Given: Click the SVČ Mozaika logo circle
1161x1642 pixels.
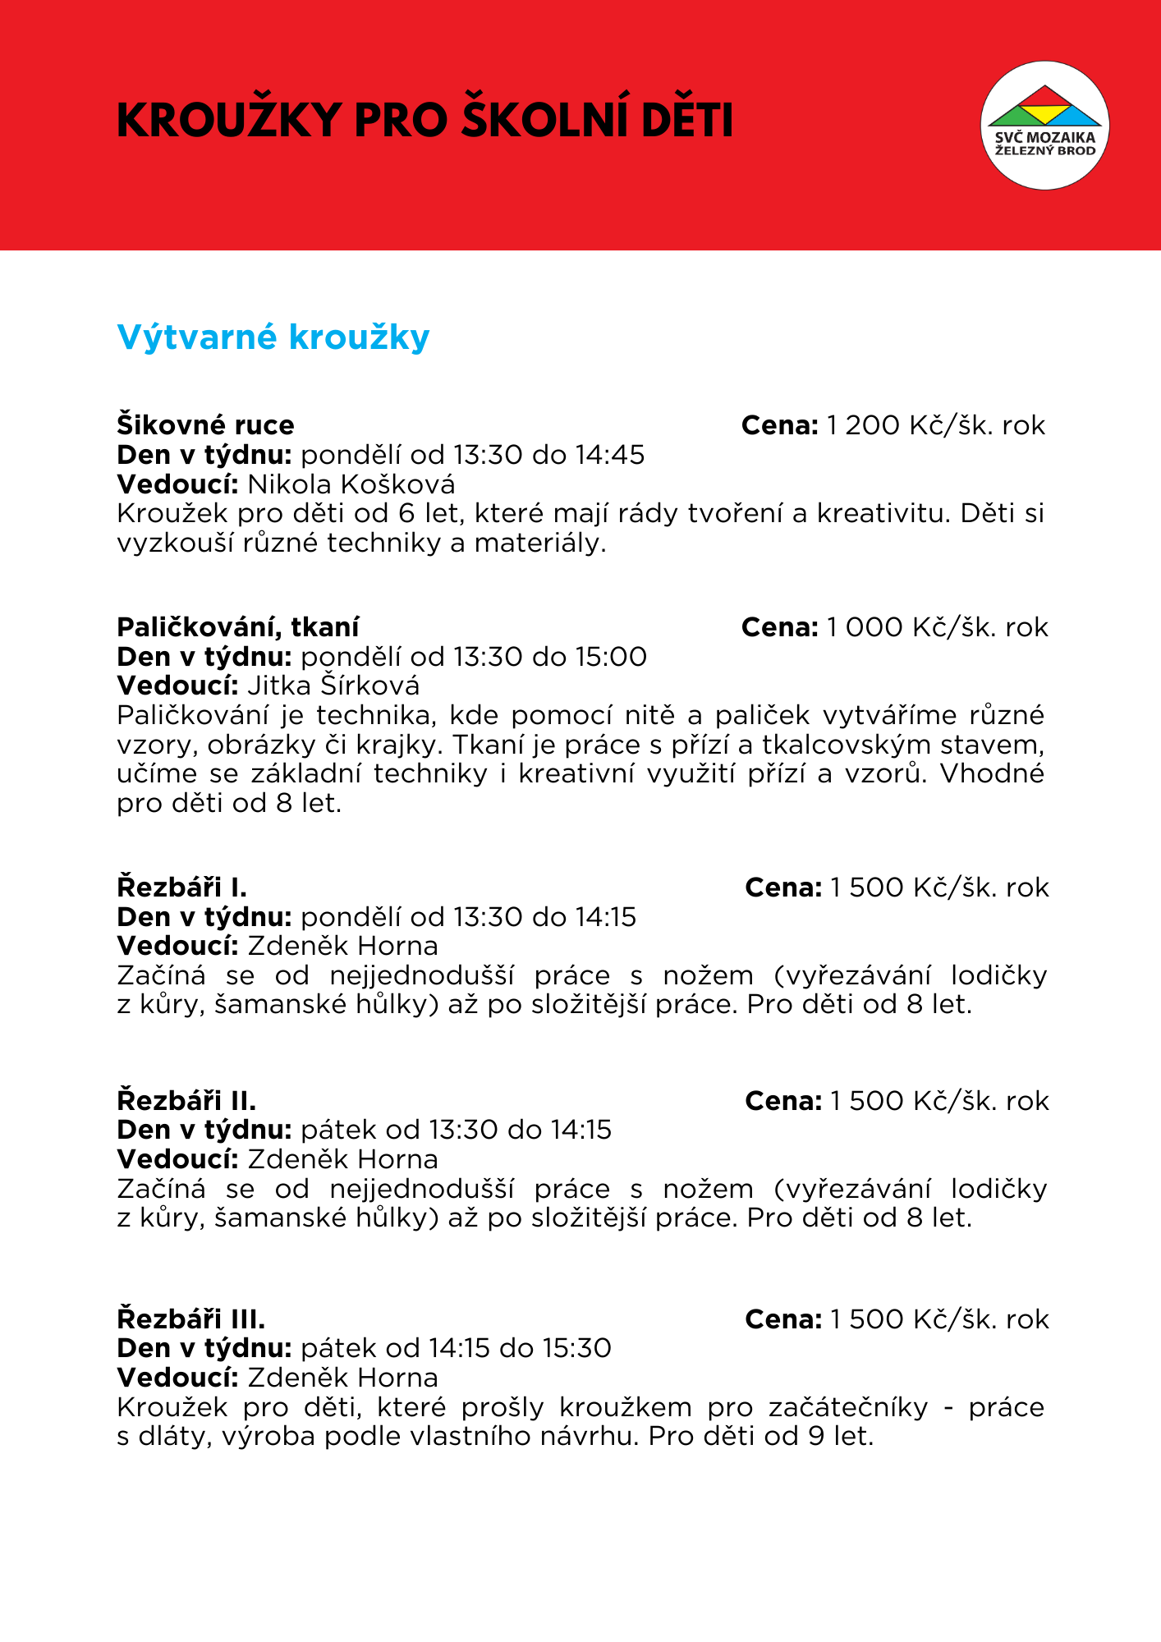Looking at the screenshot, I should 1044,125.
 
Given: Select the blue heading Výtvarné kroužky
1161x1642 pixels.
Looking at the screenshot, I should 273,337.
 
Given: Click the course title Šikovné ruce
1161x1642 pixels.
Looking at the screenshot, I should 205,425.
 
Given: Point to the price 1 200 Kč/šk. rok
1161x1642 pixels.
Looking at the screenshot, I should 936,425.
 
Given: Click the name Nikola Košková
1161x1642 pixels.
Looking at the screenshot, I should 351,484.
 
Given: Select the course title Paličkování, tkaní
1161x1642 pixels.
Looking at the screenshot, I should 238,627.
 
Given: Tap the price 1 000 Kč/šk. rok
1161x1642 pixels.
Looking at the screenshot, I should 938,627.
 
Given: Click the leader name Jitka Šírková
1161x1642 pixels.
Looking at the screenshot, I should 333,686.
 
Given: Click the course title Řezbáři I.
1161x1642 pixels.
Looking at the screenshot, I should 182,888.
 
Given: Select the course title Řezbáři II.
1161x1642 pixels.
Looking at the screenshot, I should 187,1100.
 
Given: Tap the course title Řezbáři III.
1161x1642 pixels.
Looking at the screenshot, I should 191,1319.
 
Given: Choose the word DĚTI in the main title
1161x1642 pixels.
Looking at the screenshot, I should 687,121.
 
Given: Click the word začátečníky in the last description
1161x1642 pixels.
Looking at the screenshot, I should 848,1407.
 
